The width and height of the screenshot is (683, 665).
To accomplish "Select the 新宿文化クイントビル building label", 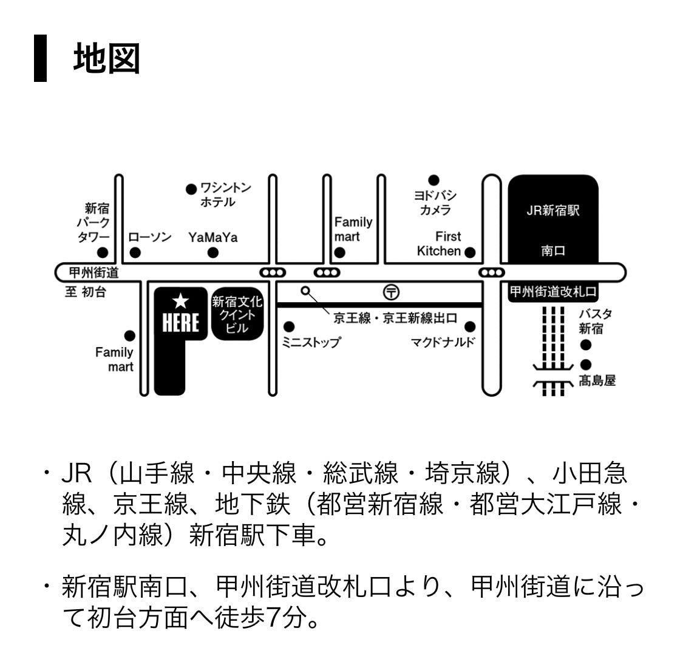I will pyautogui.click(x=237, y=314).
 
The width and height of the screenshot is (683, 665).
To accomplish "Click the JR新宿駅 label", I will pyautogui.click(x=552, y=211).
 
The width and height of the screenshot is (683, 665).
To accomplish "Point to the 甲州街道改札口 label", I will pyautogui.click(x=552, y=292).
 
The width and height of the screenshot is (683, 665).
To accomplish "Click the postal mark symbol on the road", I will pyautogui.click(x=392, y=292).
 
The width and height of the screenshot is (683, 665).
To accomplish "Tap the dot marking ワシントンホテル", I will pyautogui.click(x=191, y=189).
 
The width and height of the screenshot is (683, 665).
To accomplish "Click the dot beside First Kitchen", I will pyautogui.click(x=470, y=252).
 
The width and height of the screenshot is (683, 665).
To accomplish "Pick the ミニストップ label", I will pyautogui.click(x=311, y=342).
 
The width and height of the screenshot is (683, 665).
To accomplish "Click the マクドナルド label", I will pyautogui.click(x=443, y=342).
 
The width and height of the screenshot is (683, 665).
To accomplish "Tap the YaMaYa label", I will pyautogui.click(x=212, y=237).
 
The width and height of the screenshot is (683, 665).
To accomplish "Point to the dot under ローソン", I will pyautogui.click(x=135, y=252).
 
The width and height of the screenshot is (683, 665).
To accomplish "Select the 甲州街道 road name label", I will pyautogui.click(x=93, y=272).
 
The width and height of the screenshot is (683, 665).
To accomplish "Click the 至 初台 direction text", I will pyautogui.click(x=86, y=292).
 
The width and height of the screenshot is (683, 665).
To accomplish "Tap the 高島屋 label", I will pyautogui.click(x=597, y=380).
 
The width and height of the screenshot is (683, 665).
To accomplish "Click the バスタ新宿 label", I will pyautogui.click(x=595, y=322).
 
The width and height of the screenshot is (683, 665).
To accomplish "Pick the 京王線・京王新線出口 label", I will pyautogui.click(x=395, y=319).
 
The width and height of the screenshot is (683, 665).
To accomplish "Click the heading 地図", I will pyautogui.click(x=107, y=59).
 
